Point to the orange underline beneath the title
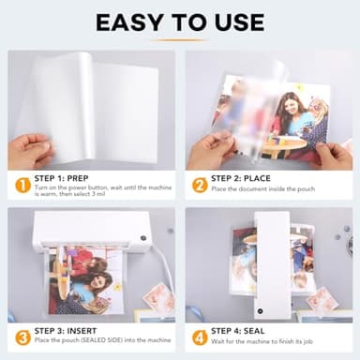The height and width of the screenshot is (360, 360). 179,39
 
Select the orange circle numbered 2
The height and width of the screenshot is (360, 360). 199,185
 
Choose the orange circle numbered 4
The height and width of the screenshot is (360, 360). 199,337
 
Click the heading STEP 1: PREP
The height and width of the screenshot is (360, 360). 67,177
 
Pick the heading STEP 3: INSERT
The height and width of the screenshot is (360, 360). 70,330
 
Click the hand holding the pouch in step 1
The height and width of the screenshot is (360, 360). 31,150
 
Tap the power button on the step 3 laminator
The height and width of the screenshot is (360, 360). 143,238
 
